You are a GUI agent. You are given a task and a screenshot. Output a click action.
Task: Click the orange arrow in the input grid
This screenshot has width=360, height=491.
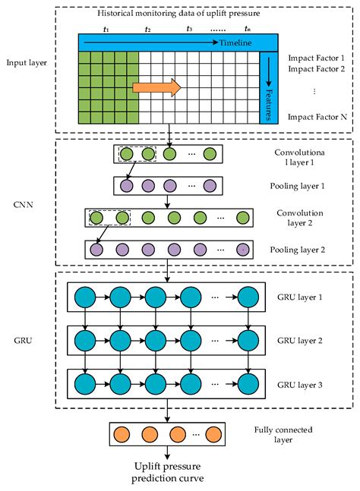(x=156, y=87)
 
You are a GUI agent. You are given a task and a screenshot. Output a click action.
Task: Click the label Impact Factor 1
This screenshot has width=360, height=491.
(x=317, y=58)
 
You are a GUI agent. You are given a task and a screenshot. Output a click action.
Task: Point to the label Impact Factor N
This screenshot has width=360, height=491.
(x=317, y=118)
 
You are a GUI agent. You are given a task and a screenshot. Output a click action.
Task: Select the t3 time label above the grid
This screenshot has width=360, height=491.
(x=190, y=28)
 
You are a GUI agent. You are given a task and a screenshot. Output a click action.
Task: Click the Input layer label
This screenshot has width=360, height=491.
(x=26, y=62)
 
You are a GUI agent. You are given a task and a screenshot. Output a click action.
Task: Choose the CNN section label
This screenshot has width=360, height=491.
(x=24, y=203)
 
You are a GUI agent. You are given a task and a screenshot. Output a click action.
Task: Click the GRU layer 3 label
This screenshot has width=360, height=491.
(x=301, y=385)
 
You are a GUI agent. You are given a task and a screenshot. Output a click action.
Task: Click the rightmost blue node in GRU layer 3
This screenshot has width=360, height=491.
(x=248, y=385)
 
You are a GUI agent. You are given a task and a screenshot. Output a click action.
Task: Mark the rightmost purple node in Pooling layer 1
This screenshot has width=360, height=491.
(x=209, y=186)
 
